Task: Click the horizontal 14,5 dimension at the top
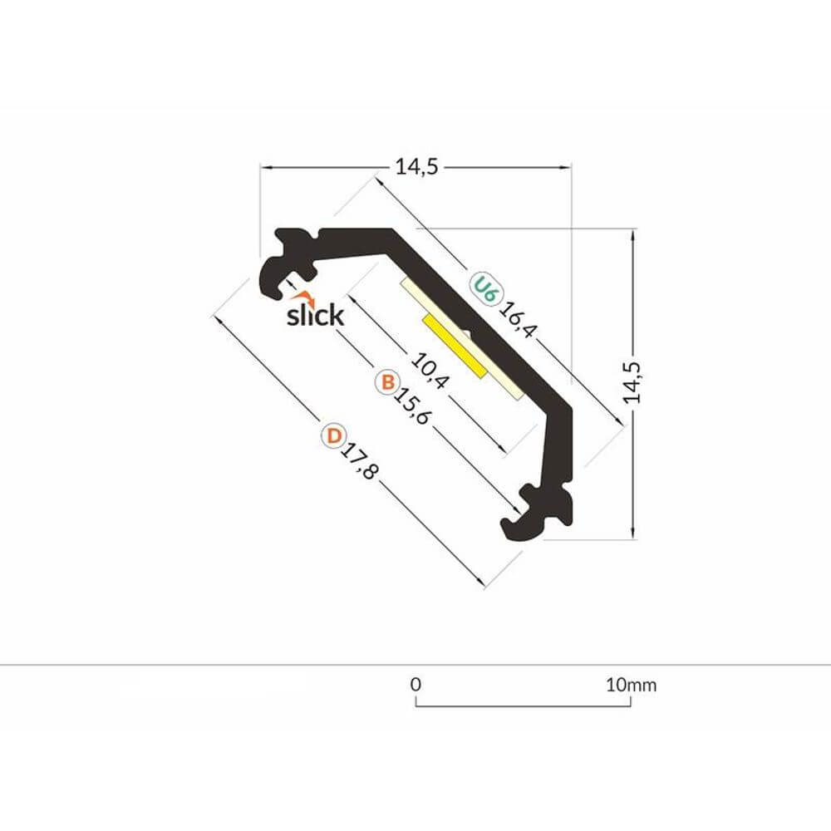pyautogui.click(x=415, y=167)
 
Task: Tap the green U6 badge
pyautogui.click(x=484, y=288)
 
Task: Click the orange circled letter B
pyautogui.click(x=386, y=382)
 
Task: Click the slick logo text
pyautogui.click(x=314, y=316)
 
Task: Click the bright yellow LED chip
pyautogui.click(x=454, y=345)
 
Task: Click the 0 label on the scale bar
pyautogui.click(x=416, y=686)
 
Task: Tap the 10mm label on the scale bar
pyautogui.click(x=632, y=686)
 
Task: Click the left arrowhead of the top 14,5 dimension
pyautogui.click(x=265, y=167)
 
